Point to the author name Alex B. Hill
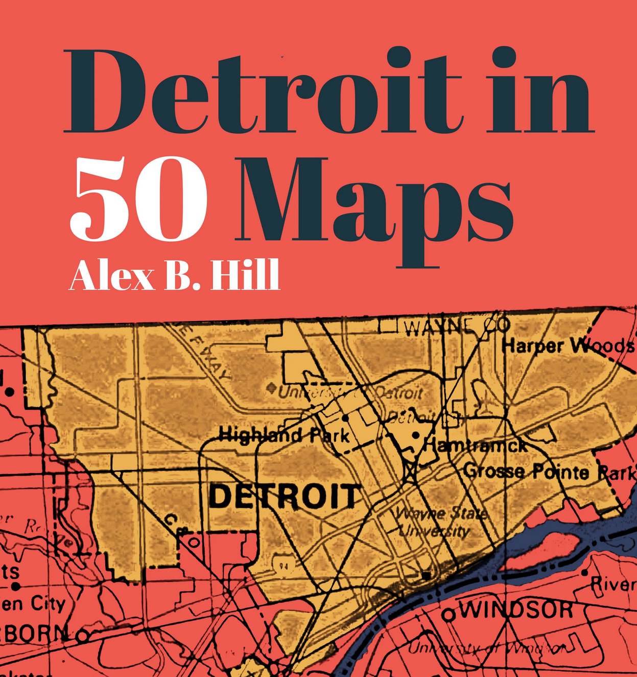click(x=175, y=275)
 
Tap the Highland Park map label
click(x=284, y=436)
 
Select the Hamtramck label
click(x=475, y=446)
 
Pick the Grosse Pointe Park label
click(x=549, y=472)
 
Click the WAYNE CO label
click(x=457, y=326)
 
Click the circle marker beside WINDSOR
click(x=449, y=615)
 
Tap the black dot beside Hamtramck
click(x=416, y=435)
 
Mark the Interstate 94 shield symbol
click(x=281, y=564)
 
